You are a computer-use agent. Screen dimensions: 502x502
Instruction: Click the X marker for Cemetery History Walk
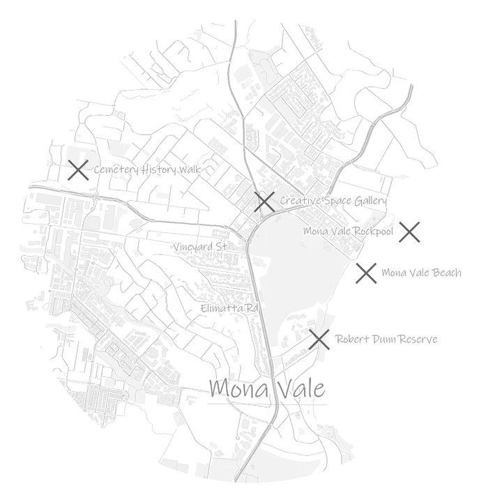(78, 170)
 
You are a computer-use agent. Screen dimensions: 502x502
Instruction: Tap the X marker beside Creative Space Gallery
(264, 201)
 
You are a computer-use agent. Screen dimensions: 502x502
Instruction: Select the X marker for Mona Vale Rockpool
(409, 231)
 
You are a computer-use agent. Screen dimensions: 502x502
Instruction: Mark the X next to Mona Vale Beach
(366, 273)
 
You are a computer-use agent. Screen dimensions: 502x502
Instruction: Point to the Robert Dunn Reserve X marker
(319, 340)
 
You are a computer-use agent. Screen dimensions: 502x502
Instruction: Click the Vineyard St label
(200, 247)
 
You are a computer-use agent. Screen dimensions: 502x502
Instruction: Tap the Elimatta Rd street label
(229, 308)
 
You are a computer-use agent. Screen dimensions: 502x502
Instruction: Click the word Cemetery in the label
(116, 169)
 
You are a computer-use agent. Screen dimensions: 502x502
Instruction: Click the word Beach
(447, 273)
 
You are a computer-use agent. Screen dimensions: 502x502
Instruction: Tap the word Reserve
(419, 339)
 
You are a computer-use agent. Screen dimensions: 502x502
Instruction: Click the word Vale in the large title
(302, 388)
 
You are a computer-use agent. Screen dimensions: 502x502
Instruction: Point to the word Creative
(300, 201)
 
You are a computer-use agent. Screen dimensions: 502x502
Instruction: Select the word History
(158, 169)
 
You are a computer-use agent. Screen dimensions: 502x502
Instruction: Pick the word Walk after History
(189, 169)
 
